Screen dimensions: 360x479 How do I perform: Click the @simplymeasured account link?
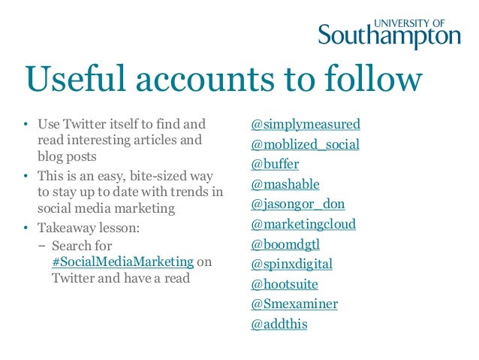(306, 124)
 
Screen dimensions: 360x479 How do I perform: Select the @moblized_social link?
(306, 144)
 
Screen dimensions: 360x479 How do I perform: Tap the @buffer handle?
(274, 165)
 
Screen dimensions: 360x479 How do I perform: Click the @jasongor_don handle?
(298, 204)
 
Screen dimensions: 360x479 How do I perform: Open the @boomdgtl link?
(285, 244)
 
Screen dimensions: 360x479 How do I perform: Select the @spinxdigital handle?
(291, 265)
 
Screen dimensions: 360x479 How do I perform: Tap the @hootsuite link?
(285, 284)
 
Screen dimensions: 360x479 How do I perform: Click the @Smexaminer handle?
(294, 304)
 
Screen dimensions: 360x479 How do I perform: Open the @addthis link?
(279, 325)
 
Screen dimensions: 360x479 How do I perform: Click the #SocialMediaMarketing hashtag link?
(122, 262)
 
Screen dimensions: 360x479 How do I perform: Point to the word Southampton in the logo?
(389, 36)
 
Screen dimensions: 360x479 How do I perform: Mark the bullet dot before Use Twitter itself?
(24, 124)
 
